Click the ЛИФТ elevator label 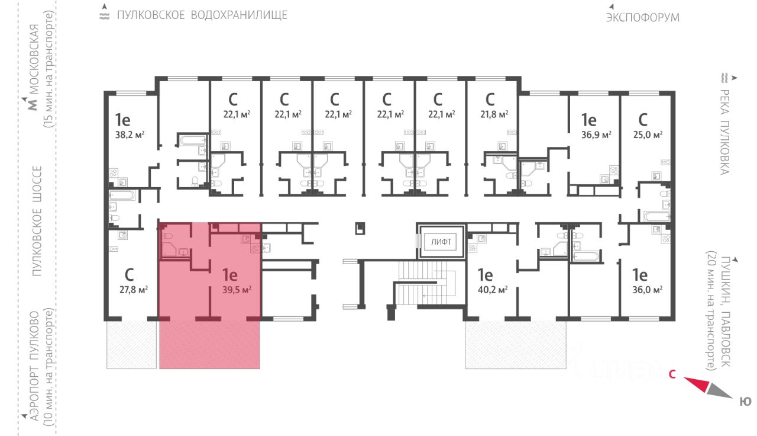pyautogui.click(x=441, y=242)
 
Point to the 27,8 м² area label pyautogui.click(x=132, y=290)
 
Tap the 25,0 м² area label pyautogui.click(x=648, y=134)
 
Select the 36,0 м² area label pyautogui.click(x=647, y=290)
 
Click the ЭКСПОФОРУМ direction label pyautogui.click(x=642, y=17)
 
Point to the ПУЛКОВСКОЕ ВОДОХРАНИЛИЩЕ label pyautogui.click(x=202, y=15)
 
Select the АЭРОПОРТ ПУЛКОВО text pyautogui.click(x=35, y=366)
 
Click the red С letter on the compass pyautogui.click(x=672, y=374)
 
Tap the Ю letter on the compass pyautogui.click(x=746, y=402)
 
